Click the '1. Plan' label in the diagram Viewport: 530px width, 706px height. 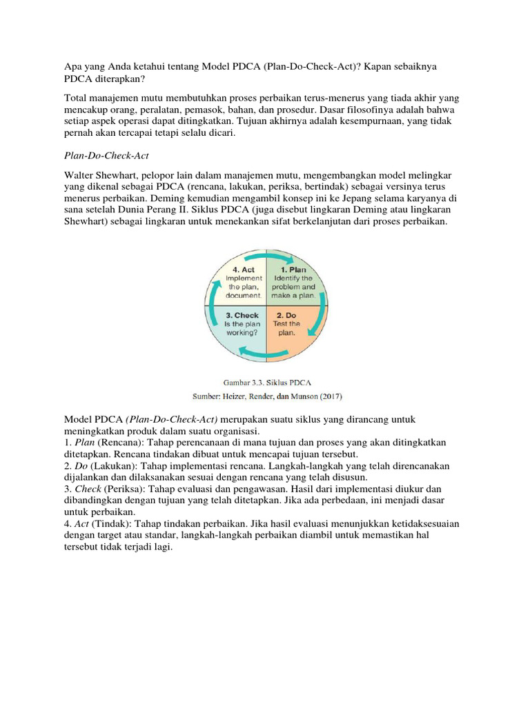293,270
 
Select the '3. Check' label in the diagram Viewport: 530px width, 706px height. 242,314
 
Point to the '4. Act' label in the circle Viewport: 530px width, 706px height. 244,270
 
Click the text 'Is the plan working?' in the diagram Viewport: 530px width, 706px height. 242,327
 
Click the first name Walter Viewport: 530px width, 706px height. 80,176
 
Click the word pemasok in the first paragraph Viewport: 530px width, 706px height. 259,110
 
